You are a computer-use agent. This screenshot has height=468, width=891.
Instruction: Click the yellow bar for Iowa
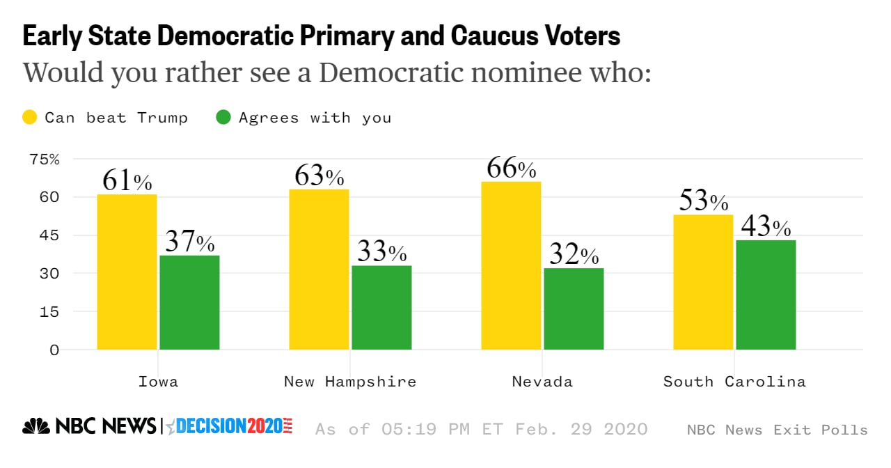[x=127, y=272]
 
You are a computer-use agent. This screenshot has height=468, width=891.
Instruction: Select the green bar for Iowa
[x=189, y=302]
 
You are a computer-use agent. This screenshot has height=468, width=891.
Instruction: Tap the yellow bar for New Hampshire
[x=319, y=270]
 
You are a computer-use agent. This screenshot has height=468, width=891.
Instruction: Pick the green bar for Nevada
[x=574, y=309]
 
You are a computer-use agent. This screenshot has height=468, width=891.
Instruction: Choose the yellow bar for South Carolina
[x=703, y=282]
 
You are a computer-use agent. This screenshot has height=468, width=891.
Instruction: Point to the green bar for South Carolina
[x=766, y=295]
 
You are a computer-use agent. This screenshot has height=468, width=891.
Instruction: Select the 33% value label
[x=381, y=252]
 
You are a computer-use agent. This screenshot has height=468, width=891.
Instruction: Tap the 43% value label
[x=766, y=227]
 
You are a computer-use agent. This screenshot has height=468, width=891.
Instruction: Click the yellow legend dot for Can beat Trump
[x=31, y=118]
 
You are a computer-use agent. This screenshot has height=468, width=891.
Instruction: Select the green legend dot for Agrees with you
[x=223, y=118]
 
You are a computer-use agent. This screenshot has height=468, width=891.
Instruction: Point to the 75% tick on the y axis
[x=45, y=159]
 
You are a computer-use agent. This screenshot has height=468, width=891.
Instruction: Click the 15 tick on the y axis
[x=49, y=311]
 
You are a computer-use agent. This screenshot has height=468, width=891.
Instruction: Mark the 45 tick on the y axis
[x=49, y=235]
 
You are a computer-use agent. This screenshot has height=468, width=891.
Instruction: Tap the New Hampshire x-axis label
[x=350, y=382]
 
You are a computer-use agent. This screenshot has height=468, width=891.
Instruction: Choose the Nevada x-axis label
[x=542, y=382]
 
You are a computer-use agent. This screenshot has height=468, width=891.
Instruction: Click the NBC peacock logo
[x=36, y=426]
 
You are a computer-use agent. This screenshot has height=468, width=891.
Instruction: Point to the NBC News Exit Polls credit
[x=777, y=430]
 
